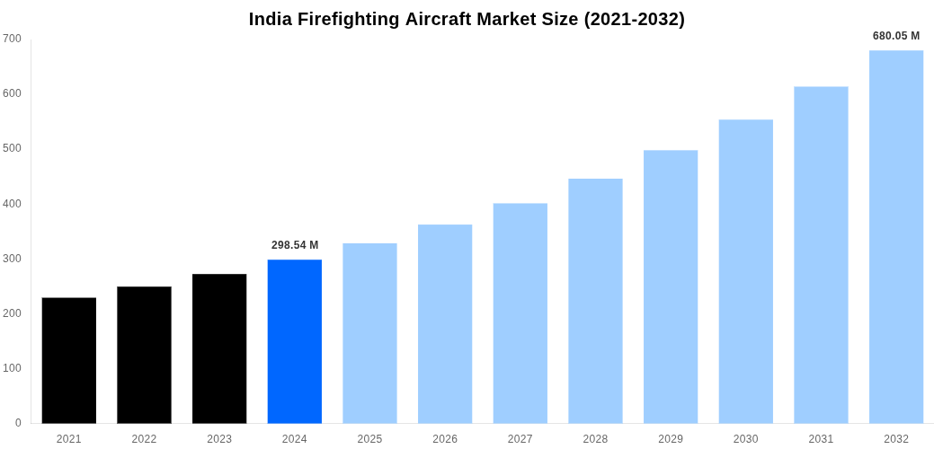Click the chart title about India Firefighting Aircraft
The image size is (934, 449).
(x=467, y=19)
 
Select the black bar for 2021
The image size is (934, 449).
(x=69, y=360)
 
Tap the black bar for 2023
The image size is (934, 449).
(x=219, y=348)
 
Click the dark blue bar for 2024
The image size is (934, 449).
(x=295, y=341)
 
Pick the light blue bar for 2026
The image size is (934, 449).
(x=445, y=323)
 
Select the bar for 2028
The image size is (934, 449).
(x=595, y=301)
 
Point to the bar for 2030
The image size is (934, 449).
(x=746, y=271)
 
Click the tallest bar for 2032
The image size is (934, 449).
(x=896, y=237)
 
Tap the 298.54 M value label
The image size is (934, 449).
(x=295, y=245)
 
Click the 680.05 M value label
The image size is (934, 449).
(x=896, y=36)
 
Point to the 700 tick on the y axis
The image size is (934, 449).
(x=12, y=39)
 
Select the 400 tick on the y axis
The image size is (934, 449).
(x=12, y=204)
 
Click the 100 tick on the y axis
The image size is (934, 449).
(x=12, y=368)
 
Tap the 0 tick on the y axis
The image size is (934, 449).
(x=18, y=423)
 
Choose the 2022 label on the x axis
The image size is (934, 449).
(x=144, y=439)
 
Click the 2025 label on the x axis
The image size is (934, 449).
(x=369, y=439)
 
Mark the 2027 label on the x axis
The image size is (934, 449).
(x=520, y=439)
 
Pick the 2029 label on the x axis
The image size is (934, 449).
(x=671, y=439)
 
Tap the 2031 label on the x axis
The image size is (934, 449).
(x=821, y=439)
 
